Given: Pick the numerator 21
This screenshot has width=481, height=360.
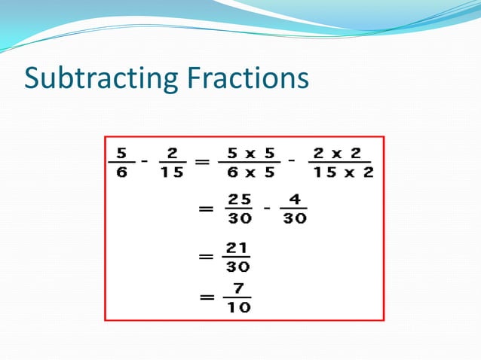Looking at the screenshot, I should [237, 248].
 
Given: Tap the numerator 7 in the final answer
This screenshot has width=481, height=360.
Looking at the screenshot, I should [238, 288].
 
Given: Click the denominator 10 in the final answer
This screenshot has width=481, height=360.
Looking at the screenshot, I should [238, 307].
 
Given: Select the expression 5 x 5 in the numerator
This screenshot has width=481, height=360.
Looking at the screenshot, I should [251, 153].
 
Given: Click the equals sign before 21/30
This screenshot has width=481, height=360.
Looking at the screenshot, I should [205, 256].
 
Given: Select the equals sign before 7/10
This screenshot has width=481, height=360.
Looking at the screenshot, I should [205, 297].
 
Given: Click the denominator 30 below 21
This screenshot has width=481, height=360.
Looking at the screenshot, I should [237, 266].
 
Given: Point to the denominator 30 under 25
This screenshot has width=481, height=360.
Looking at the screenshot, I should [238, 220].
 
